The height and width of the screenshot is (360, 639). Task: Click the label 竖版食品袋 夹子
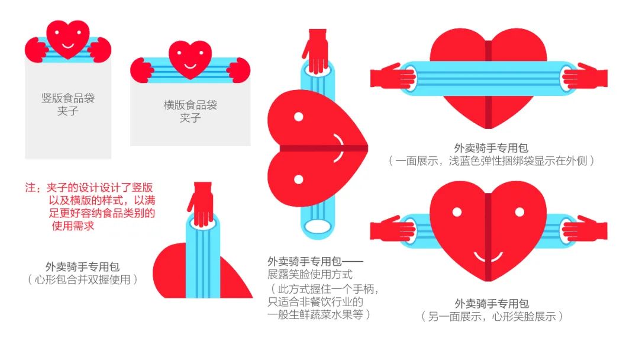tap(68, 104)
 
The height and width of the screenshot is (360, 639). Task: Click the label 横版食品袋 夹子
tap(191, 111)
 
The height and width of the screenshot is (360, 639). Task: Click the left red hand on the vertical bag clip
tap(37, 50)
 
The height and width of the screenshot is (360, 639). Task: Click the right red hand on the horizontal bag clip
tap(239, 70)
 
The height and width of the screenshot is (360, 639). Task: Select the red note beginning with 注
tap(90, 206)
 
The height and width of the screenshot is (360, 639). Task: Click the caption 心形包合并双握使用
tap(83, 279)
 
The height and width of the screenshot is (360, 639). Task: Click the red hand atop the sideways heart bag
tap(315, 51)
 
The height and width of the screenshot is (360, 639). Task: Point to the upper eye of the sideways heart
tap(299, 117)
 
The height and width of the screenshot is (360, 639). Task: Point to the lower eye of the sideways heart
tap(299, 179)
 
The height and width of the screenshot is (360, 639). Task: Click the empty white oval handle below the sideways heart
tap(318, 226)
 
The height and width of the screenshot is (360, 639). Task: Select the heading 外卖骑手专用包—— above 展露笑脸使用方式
tap(315, 261)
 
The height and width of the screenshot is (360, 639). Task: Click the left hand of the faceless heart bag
tap(393, 76)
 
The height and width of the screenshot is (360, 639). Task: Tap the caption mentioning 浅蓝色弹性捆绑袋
tap(491, 160)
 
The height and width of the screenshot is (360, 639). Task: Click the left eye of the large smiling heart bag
tap(457, 212)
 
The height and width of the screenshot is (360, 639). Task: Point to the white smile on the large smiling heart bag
tap(488, 258)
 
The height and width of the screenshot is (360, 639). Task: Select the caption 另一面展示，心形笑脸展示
tap(492, 316)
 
